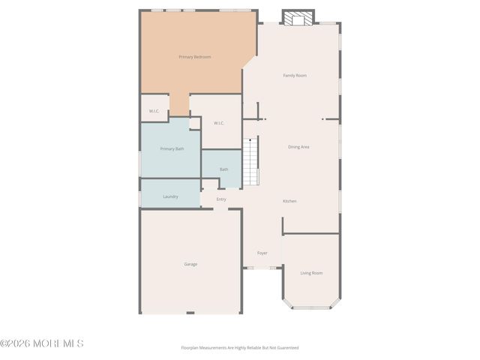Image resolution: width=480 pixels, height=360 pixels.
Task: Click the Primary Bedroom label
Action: click(194, 57)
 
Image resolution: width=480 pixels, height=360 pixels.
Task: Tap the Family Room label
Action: click(295, 76)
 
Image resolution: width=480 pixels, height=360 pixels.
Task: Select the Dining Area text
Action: click(298, 147)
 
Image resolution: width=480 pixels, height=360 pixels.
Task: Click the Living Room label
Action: click(311, 273)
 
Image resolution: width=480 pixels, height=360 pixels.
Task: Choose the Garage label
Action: click(191, 264)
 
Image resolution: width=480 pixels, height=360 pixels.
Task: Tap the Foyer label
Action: click(262, 253)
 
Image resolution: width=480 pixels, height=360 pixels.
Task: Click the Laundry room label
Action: click(170, 196)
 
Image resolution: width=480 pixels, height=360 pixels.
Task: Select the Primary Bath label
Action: click(172, 148)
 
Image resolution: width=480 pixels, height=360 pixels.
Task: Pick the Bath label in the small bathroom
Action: click(223, 169)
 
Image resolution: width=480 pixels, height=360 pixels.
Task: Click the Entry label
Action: click(221, 199)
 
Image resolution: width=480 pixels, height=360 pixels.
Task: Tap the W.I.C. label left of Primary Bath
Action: click(154, 111)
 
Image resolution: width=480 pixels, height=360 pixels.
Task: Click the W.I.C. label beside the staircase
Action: click(219, 123)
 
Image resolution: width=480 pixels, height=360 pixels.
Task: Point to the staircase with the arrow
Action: click(250, 161)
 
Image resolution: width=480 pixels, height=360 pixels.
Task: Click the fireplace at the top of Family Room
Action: click(298, 17)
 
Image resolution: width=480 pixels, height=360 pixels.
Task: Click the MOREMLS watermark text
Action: click(42, 343)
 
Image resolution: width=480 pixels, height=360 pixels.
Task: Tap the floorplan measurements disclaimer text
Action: click(240, 347)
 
